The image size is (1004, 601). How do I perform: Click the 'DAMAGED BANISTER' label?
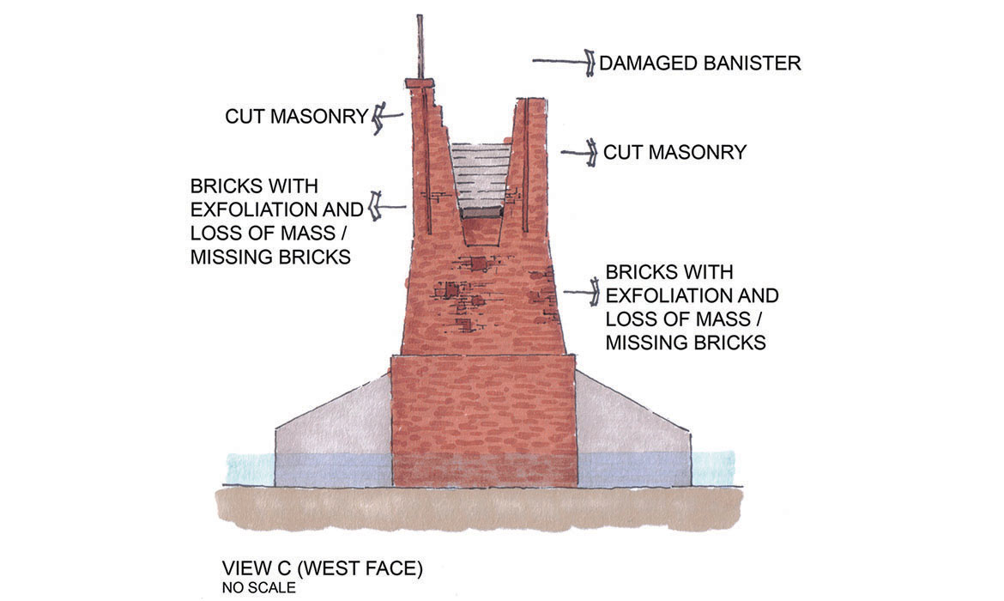(699, 64)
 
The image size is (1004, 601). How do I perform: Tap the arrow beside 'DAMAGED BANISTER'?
(563, 62)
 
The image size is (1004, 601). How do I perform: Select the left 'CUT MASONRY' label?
(296, 116)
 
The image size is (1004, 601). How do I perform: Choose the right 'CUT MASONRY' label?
(674, 153)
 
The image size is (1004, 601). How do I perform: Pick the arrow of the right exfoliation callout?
(581, 293)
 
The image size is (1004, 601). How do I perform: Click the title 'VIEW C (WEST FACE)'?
(322, 568)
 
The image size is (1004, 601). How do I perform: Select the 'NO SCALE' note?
(258, 588)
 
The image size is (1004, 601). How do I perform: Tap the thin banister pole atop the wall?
(420, 47)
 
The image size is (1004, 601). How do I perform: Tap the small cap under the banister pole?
(420, 83)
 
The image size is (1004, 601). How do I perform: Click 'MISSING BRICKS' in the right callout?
(686, 343)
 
